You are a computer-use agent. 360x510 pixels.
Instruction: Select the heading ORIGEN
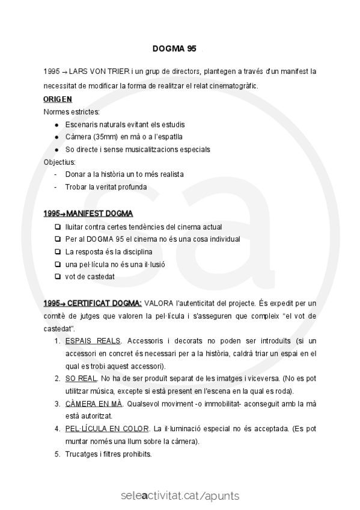click(58, 99)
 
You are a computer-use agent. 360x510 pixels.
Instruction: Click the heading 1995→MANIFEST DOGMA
click(88, 214)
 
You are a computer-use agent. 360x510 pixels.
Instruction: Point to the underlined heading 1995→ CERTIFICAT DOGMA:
click(93, 303)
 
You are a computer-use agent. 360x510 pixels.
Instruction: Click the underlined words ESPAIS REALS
click(93, 341)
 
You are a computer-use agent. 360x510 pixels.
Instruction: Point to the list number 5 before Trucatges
click(58, 454)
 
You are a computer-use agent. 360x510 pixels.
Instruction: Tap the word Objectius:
click(60, 162)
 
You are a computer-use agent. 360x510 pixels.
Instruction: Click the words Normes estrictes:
click(72, 111)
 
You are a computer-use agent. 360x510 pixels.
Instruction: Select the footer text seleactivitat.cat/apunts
click(180, 496)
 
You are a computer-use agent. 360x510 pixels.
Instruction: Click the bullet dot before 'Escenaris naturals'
click(56, 124)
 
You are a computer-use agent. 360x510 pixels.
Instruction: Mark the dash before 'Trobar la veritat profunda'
click(56, 187)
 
